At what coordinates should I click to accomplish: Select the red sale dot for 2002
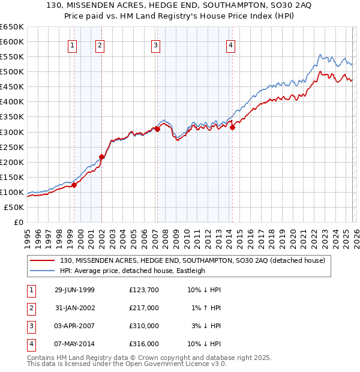101,157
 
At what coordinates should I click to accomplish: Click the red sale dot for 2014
232,127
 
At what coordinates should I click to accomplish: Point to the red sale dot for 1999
74,185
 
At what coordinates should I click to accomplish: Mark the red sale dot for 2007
157,129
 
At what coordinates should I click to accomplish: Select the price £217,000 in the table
143,308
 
